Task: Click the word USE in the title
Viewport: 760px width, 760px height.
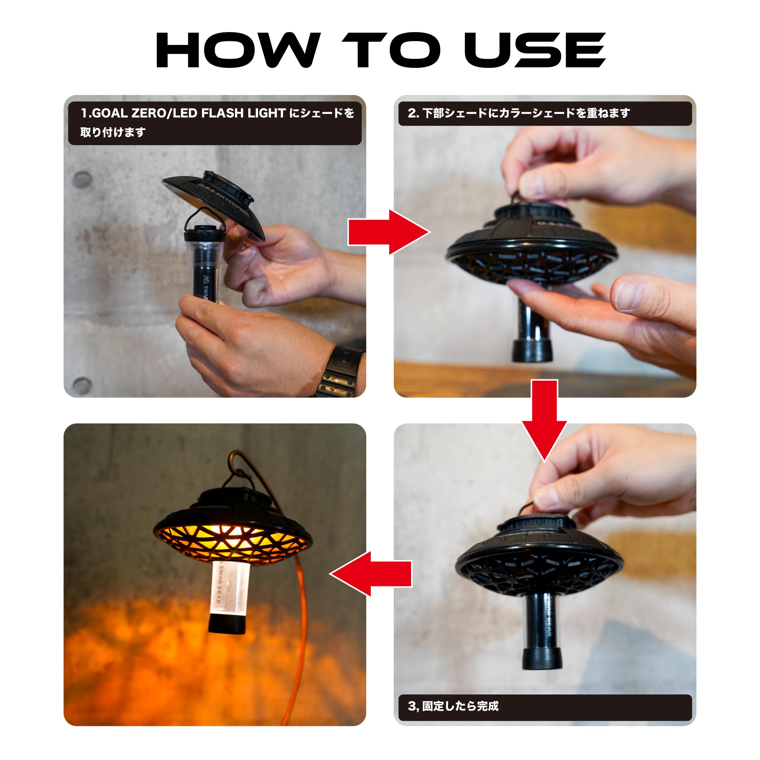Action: click(x=535, y=50)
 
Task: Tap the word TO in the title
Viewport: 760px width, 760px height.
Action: click(x=391, y=50)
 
